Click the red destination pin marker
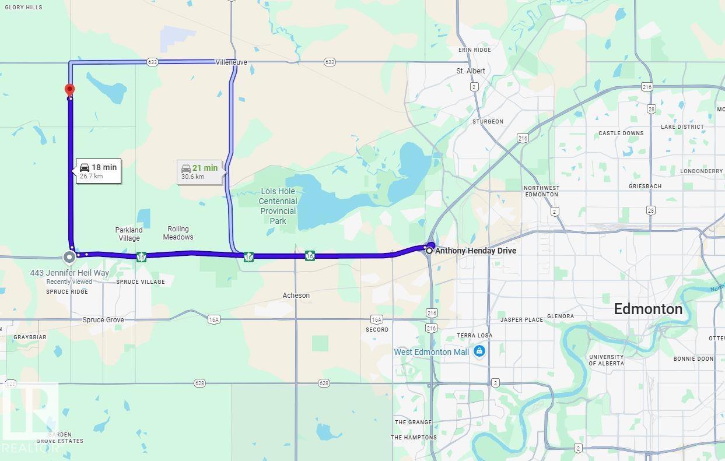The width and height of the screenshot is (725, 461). tap(69, 90)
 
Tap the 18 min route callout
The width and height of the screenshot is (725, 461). tap(99, 171)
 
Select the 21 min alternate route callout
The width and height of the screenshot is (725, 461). tap(199, 172)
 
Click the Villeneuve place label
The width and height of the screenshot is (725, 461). tap(231, 62)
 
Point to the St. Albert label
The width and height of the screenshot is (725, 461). tap(471, 71)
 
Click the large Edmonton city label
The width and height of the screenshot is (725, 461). tap(648, 309)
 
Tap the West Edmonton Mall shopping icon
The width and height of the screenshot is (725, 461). tap(479, 351)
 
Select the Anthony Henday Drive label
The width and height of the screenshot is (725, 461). tap(475, 251)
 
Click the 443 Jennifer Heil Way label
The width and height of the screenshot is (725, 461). tap(69, 273)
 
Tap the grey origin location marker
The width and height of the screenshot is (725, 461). tap(69, 256)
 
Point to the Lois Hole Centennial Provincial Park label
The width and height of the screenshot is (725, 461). tap(278, 206)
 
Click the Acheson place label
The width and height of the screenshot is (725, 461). tap(296, 295)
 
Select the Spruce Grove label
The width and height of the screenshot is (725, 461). tap(103, 320)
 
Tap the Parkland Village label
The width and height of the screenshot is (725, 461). tap(129, 234)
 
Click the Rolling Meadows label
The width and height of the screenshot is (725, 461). tap(178, 233)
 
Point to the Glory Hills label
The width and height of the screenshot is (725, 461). tap(23, 8)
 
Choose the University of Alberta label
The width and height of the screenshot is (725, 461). tap(606, 360)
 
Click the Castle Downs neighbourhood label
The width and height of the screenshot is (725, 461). tap(621, 133)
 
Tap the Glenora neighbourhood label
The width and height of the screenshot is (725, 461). tap(561, 316)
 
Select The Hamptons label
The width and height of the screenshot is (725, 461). tap(414, 438)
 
